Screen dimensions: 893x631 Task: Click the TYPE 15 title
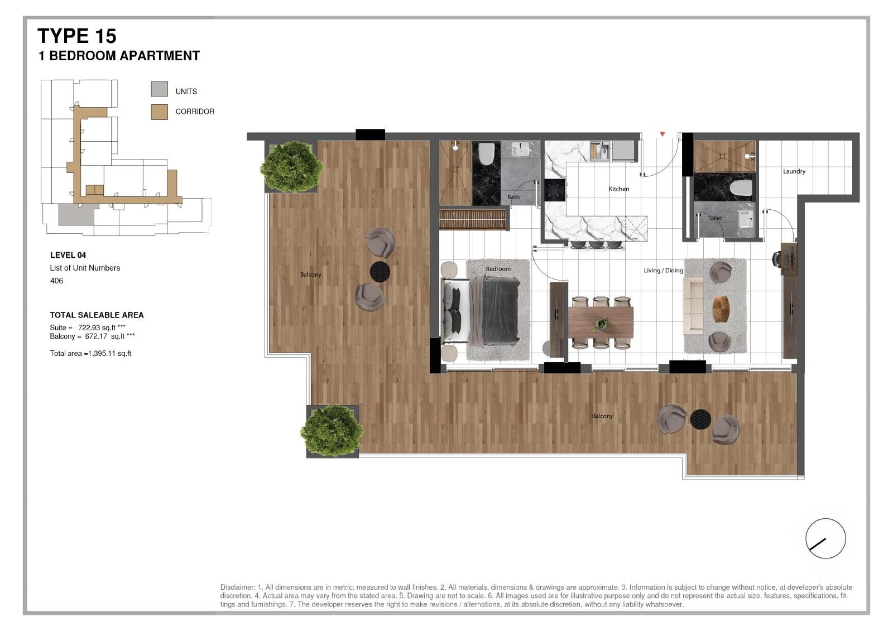pos(77,36)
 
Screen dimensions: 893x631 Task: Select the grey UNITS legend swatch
pos(159,89)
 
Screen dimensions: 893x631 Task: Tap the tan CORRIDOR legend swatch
pos(159,112)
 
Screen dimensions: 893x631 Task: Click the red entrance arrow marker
pos(662,134)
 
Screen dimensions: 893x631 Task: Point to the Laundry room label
pos(794,171)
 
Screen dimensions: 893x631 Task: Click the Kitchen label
pos(619,189)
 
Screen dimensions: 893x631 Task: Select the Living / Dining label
pos(664,270)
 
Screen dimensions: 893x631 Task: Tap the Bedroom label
pos(498,269)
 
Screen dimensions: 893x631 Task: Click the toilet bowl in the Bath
pos(486,153)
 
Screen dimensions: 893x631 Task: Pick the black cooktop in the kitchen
pos(555,190)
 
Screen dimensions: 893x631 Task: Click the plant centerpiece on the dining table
pos(601,323)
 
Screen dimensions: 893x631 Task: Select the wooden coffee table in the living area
pos(721,309)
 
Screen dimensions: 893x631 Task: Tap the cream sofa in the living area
pos(693,306)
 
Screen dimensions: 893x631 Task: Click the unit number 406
pos(56,281)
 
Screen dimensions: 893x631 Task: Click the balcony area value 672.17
pos(96,336)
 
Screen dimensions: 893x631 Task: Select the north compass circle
pos(825,538)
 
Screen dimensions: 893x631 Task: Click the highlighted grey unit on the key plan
pos(76,214)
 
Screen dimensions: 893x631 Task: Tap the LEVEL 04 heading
pos(68,255)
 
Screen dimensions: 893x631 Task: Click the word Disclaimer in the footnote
pos(237,587)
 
